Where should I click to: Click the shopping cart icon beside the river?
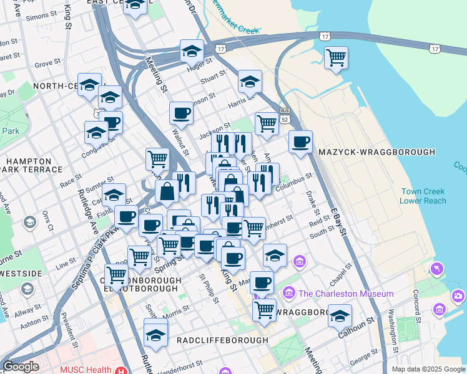pyautogui.click(x=337, y=58)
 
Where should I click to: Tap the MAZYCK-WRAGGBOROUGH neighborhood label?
pyautogui.click(x=376, y=152)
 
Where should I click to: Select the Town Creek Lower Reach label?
pyautogui.click(x=423, y=196)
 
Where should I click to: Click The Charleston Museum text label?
pyautogui.click(x=346, y=294)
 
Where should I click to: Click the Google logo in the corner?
pyautogui.click(x=21, y=367)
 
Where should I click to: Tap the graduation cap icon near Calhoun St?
pyautogui.click(x=340, y=316)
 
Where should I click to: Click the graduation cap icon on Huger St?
pyautogui.click(x=192, y=51)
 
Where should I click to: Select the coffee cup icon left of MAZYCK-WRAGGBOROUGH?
pyautogui.click(x=301, y=141)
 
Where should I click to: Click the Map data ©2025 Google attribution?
pyautogui.click(x=428, y=369)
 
